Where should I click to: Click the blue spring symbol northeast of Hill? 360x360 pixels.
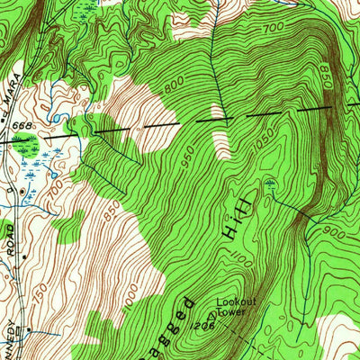click(269, 186)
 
